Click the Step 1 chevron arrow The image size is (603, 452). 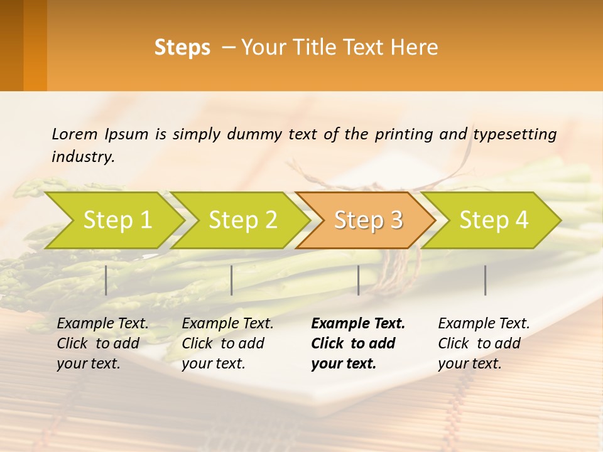tap(117, 220)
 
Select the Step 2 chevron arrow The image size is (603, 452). tap(242, 220)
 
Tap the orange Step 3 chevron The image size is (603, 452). tap(368, 220)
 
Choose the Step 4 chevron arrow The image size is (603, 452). tap(494, 220)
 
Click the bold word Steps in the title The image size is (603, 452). tap(182, 48)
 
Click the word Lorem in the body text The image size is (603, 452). tap(74, 134)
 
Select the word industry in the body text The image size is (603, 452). tap(83, 157)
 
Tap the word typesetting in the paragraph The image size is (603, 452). tap(514, 134)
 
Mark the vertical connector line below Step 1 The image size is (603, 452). tap(106, 280)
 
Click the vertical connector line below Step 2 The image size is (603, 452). tap(232, 280)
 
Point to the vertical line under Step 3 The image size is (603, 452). tap(358, 280)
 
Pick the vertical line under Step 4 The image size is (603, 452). tap(486, 280)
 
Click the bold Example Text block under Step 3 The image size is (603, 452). tap(358, 343)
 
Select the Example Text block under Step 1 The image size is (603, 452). tap(102, 343)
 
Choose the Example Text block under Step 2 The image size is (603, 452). tap(227, 343)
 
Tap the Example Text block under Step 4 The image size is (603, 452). tap(484, 343)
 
